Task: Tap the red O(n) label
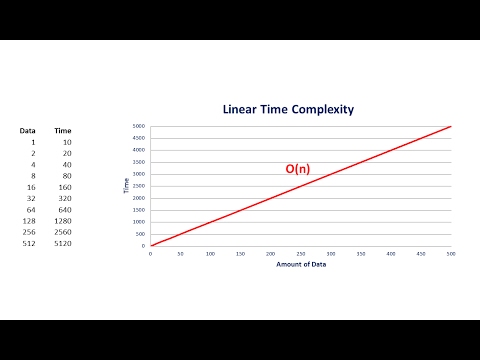298,169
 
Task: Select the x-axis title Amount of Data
300,264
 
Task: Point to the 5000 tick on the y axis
140,126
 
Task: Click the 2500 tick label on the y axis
140,186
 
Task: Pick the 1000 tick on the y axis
140,222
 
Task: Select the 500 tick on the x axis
451,253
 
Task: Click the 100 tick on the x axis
210,253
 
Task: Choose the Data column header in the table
29,131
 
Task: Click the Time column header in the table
62,131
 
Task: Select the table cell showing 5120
62,243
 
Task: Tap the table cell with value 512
29,243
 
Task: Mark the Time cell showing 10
65,142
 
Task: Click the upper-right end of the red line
451,127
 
